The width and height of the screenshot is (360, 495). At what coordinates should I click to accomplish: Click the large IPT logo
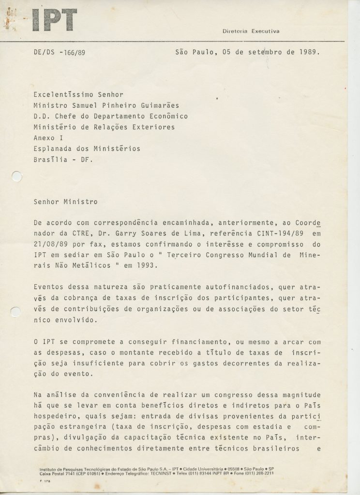click(x=54, y=21)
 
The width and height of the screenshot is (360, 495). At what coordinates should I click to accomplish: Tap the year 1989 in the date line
click(x=309, y=52)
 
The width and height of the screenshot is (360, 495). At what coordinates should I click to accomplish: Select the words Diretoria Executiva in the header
click(x=251, y=31)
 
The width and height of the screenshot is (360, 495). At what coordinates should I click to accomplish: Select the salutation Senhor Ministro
click(x=66, y=202)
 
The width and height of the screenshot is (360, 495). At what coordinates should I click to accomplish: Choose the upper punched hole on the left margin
click(x=16, y=177)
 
